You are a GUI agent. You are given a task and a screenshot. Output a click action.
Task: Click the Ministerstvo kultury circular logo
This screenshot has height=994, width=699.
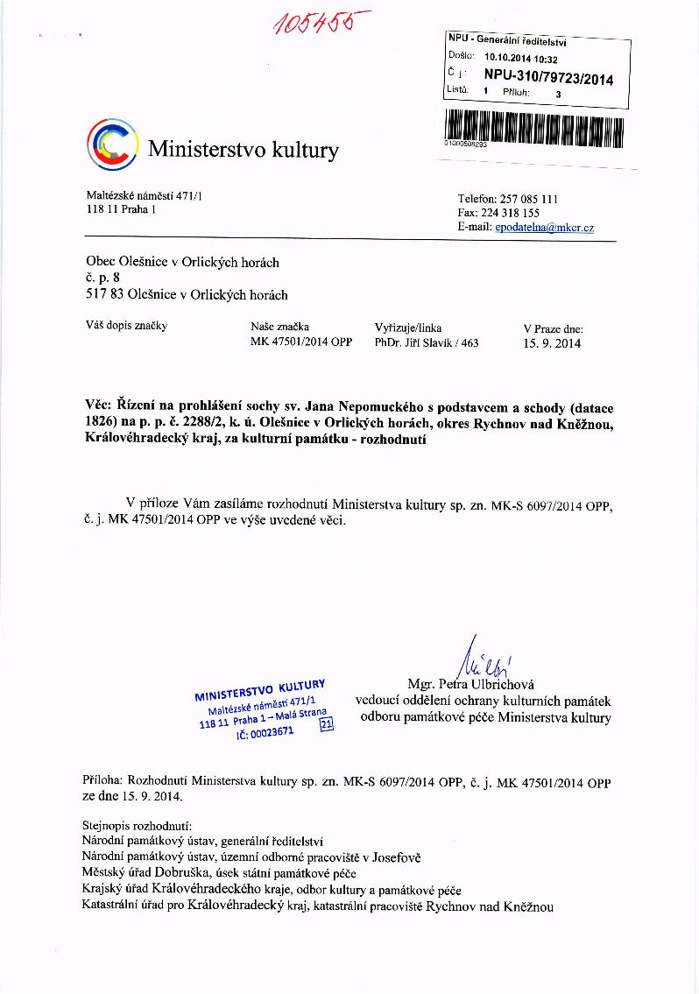tap(112, 144)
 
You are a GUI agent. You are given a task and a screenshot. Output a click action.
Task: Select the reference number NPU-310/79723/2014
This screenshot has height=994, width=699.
tap(548, 79)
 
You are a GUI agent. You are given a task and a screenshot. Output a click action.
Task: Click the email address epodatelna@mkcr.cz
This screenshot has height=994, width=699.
tap(544, 228)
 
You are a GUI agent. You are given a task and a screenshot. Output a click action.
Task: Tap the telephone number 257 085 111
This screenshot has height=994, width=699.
tap(531, 200)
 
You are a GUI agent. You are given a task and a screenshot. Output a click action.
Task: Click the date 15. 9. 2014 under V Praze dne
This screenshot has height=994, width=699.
tap(552, 343)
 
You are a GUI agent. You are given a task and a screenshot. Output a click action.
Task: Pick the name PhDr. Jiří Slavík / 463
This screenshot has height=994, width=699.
tap(427, 342)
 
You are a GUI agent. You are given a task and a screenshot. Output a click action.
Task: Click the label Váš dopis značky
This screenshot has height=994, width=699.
tap(126, 327)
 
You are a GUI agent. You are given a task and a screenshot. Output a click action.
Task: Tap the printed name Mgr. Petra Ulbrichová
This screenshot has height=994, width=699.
tap(471, 684)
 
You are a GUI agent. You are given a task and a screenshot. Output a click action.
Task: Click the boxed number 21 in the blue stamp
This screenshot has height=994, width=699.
tap(327, 724)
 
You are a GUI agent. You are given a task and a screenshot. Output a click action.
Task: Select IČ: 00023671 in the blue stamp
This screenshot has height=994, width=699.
tap(265, 732)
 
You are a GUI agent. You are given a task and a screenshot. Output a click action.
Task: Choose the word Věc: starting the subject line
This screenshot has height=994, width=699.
tap(100, 407)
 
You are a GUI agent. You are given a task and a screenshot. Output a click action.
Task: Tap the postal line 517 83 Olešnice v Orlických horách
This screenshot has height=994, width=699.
tap(187, 295)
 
